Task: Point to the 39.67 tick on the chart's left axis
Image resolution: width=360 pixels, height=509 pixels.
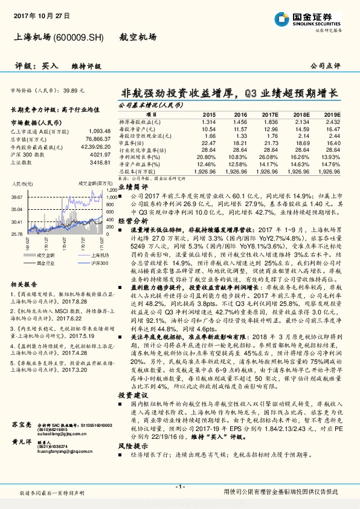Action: pyautogui.click(x=17, y=197)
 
